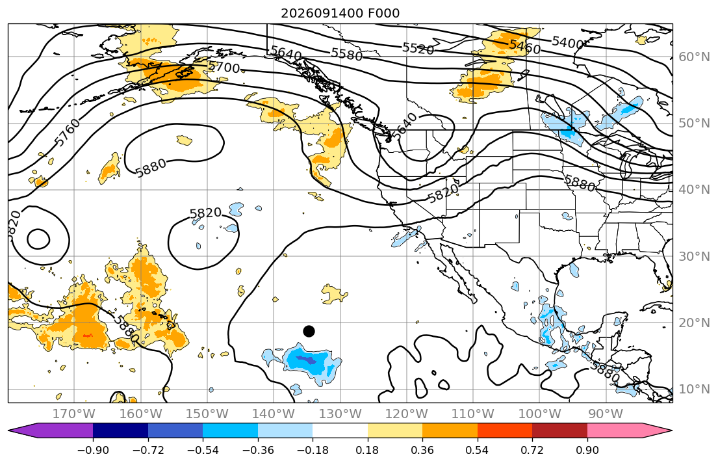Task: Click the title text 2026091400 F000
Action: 340,13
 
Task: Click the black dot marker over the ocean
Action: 309,331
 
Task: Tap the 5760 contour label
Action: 68,133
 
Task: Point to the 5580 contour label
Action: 346,54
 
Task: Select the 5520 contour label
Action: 418,48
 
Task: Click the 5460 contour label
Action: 525,46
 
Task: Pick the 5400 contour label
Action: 568,43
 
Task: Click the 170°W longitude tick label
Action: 74,414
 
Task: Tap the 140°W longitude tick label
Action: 274,414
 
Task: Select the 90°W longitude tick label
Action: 606,414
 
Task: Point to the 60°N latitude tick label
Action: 694,57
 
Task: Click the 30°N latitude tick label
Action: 694,256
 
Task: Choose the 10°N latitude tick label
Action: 694,390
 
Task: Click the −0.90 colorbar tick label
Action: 93,450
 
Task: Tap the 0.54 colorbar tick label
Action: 477,450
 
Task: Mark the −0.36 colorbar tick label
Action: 258,450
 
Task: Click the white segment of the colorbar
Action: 340,430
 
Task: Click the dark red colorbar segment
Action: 560,430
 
